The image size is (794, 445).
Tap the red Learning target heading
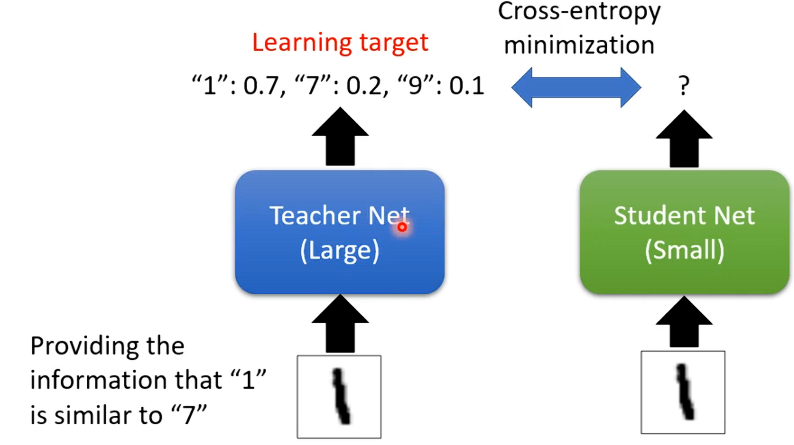tap(340, 42)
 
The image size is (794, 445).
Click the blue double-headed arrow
tap(576, 87)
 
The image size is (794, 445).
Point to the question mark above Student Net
tap(684, 86)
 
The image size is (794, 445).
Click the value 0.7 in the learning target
tap(261, 86)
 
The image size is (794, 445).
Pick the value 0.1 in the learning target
tap(466, 86)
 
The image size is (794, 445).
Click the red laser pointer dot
tap(402, 227)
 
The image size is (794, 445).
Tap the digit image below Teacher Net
tap(339, 397)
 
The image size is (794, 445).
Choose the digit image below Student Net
tap(683, 392)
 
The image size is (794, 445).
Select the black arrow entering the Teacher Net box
tap(340, 324)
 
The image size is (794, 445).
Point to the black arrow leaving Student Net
tap(684, 139)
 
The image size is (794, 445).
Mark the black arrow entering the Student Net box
tap(684, 322)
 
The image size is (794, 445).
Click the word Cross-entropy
tap(579, 11)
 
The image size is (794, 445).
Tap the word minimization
tap(579, 45)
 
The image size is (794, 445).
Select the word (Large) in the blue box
tap(340, 250)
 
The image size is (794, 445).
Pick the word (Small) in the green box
tap(684, 250)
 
